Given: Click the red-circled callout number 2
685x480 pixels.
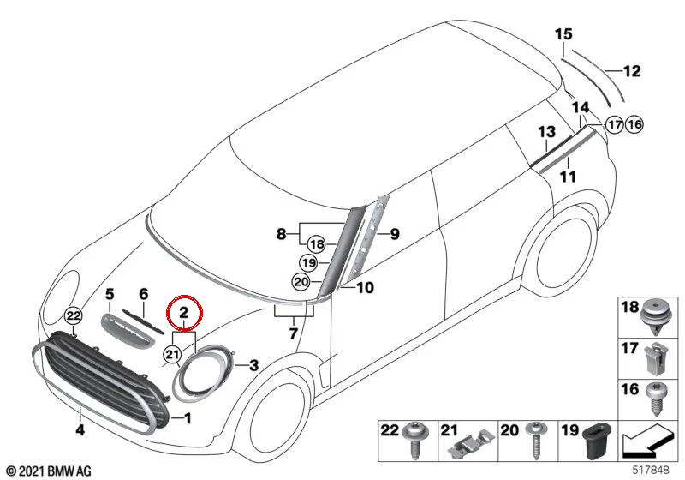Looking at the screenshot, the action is (x=183, y=312).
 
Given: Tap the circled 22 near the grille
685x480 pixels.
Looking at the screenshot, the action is (x=73, y=315).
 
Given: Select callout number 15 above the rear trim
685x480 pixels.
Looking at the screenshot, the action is (x=563, y=34).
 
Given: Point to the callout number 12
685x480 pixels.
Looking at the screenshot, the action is (x=632, y=71).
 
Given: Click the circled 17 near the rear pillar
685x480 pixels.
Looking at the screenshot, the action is (x=615, y=125).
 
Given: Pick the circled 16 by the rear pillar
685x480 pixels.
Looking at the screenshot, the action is (x=634, y=125).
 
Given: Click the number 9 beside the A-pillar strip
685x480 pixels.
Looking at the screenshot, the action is (x=395, y=234).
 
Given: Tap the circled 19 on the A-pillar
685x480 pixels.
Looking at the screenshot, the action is (x=309, y=263).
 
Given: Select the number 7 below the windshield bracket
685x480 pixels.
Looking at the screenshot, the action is (x=293, y=333).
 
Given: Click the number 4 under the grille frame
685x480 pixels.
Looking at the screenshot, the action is (x=80, y=429).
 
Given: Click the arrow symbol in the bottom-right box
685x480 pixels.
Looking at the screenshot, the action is (x=646, y=441).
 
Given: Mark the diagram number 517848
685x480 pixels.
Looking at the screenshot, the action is (x=651, y=471).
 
